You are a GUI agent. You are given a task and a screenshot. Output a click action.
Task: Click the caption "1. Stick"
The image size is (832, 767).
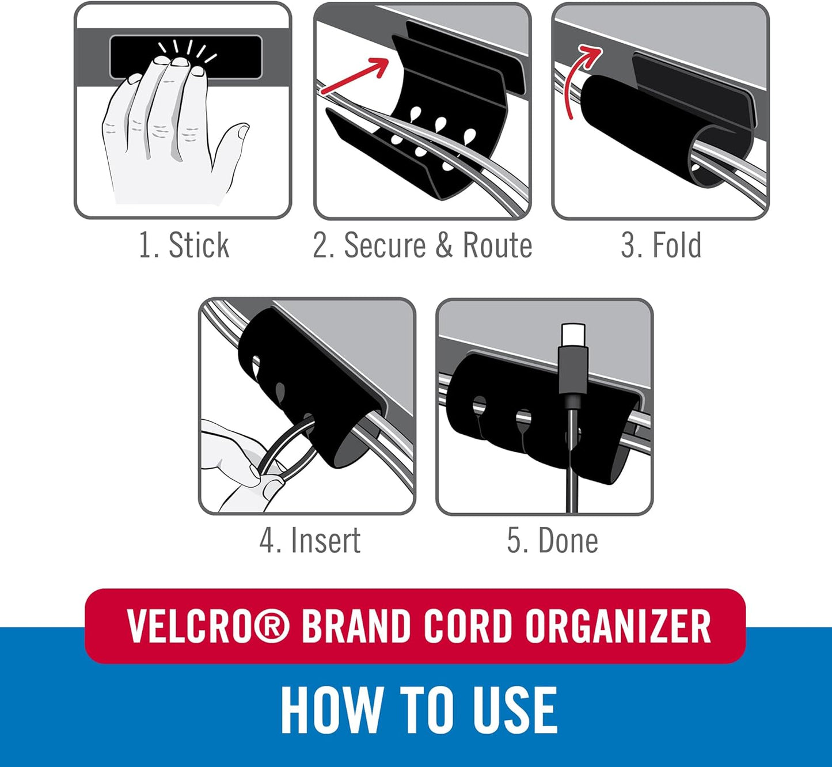pyautogui.click(x=184, y=245)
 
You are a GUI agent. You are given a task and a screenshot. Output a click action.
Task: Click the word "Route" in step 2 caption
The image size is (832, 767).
pyautogui.click(x=497, y=245)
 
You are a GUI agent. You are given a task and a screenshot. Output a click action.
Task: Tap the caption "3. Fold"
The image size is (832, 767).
pyautogui.click(x=661, y=245)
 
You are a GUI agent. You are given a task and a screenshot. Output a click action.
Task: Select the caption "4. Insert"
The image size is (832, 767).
pyautogui.click(x=310, y=540)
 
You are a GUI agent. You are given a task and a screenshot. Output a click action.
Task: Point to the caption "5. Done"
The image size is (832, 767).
pyautogui.click(x=552, y=540)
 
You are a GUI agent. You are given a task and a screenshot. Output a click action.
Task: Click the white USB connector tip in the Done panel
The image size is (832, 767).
pyautogui.click(x=573, y=333)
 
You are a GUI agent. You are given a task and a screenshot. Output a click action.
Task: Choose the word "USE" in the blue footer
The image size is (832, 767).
pyautogui.click(x=514, y=711)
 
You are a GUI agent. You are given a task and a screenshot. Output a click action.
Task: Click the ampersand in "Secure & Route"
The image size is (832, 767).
pyautogui.click(x=444, y=245)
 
